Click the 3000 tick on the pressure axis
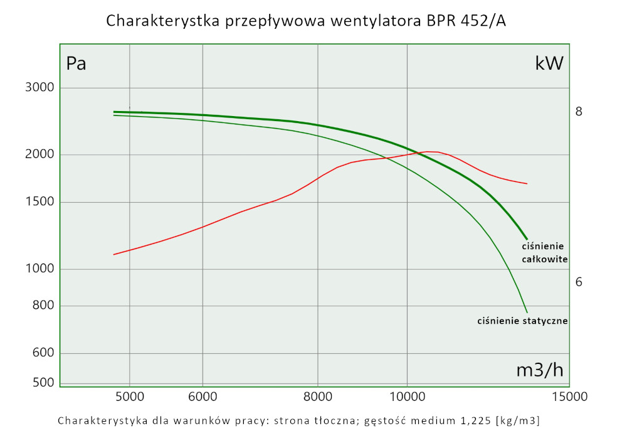(x=39, y=87)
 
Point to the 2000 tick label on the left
(x=39, y=155)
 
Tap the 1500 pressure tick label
(x=39, y=202)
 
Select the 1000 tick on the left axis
(x=39, y=269)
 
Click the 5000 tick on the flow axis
(x=129, y=397)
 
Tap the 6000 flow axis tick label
(x=203, y=397)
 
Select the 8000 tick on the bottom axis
(x=318, y=397)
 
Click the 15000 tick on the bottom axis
(x=569, y=397)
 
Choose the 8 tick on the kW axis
(x=579, y=112)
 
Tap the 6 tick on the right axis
(x=579, y=282)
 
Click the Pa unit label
(x=76, y=64)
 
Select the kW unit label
(x=549, y=63)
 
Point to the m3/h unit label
(x=539, y=370)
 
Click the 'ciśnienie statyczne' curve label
(x=522, y=321)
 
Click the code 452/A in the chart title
(x=483, y=21)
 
